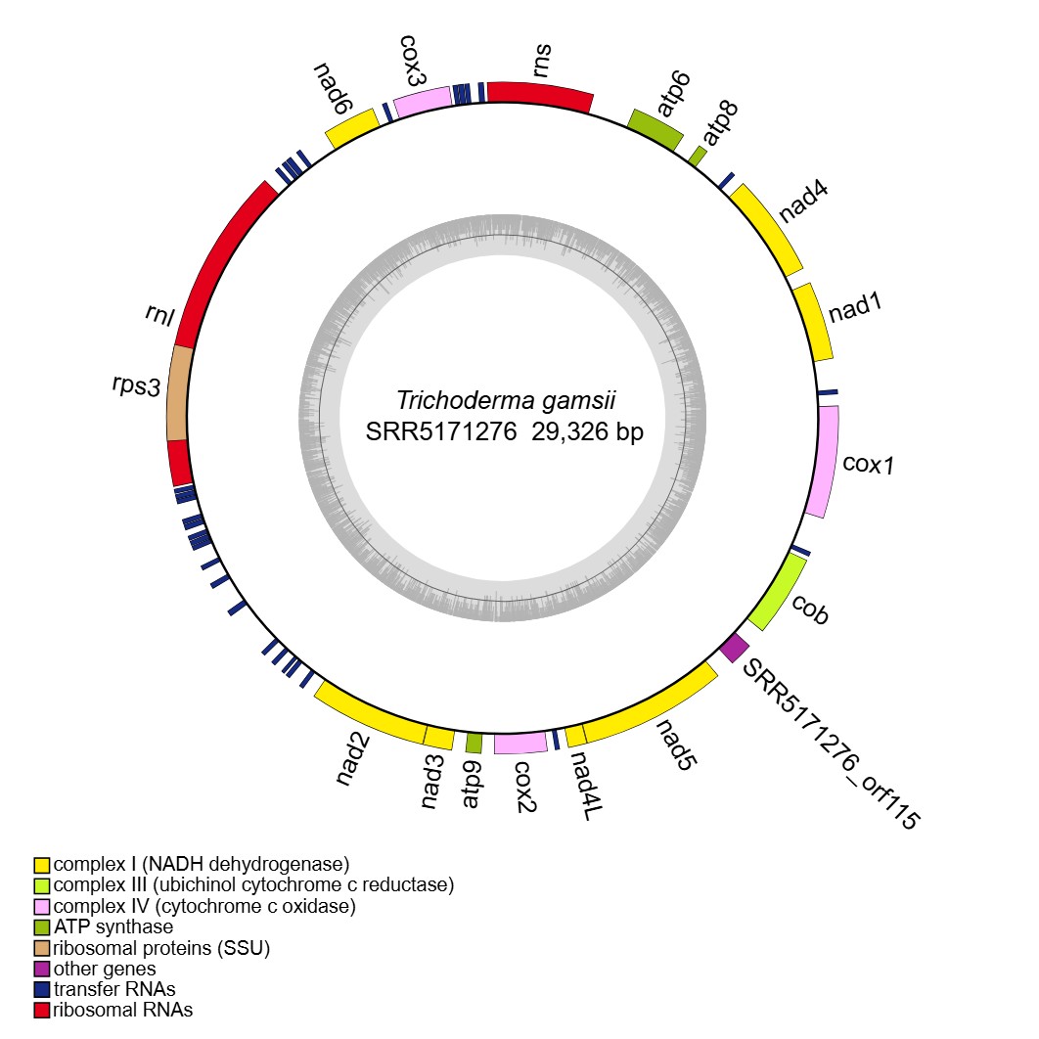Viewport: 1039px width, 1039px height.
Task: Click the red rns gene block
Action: click(540, 94)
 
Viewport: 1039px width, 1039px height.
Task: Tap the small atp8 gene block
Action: click(698, 155)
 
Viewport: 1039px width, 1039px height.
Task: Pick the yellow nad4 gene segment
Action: click(766, 228)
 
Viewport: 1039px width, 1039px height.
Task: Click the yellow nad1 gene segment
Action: click(813, 324)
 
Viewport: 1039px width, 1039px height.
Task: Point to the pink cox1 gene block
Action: click(824, 461)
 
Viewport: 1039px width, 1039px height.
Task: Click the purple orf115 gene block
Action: click(734, 647)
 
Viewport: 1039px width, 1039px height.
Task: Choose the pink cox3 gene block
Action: click(423, 101)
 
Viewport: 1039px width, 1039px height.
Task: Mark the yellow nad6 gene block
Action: click(351, 128)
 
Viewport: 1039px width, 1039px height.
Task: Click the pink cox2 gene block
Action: click(519, 744)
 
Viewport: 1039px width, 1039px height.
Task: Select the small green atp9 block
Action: click(474, 744)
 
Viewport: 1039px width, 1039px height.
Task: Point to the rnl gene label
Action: click(158, 318)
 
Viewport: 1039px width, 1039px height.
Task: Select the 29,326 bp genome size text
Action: click(588, 432)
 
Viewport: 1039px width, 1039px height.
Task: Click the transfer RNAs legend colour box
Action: click(41, 989)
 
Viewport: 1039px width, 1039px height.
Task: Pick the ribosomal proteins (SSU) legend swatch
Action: click(41, 948)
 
